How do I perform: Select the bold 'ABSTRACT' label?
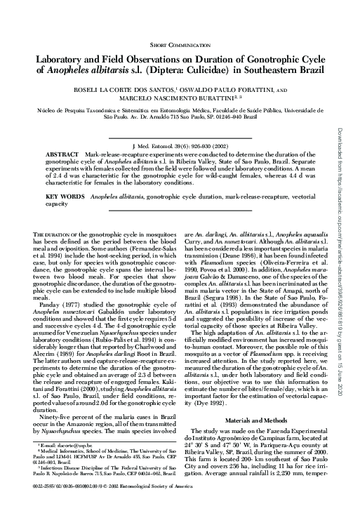tap(61, 152)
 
